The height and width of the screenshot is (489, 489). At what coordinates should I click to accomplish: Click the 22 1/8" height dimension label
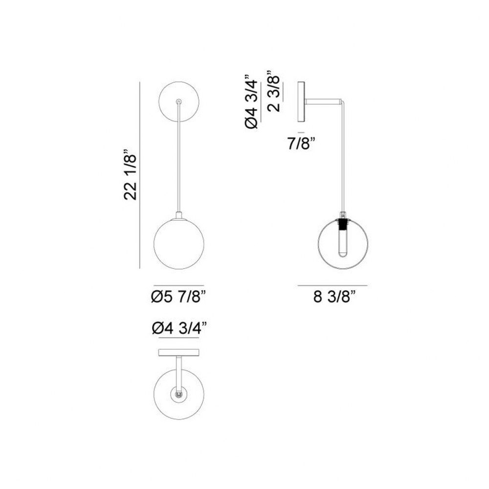pos(131,176)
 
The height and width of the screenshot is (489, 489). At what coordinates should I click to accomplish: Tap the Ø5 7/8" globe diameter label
pos(178,296)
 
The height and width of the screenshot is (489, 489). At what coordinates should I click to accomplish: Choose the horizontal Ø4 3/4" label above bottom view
pos(179,328)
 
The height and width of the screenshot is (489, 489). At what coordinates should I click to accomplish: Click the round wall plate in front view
pos(178,102)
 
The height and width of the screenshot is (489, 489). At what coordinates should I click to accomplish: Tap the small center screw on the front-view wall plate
pos(178,101)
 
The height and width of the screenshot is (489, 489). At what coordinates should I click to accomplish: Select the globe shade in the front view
pos(178,244)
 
